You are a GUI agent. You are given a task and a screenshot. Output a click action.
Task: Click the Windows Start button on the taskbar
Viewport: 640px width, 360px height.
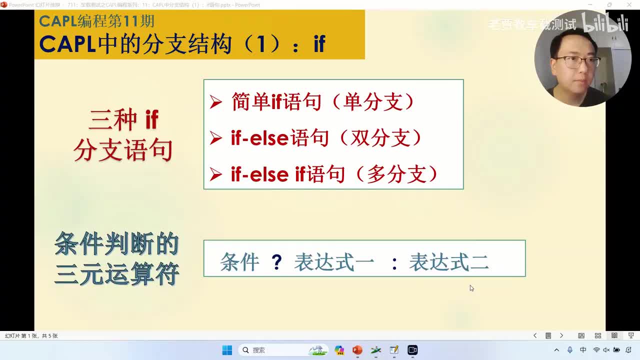click(227, 350)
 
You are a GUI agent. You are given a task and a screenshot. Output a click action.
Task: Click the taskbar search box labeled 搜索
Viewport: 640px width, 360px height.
click(270, 350)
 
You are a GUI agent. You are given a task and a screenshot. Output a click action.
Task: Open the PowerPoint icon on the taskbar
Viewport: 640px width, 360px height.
click(357, 350)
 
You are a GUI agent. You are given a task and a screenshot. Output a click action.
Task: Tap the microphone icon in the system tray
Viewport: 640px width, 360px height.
click(570, 350)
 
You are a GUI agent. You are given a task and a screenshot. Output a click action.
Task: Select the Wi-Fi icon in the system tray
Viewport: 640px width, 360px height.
click(596, 350)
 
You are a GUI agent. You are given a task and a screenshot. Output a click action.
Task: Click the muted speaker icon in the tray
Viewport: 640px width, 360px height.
click(606, 350)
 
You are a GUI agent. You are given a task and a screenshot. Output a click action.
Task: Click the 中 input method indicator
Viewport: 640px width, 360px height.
click(583, 350)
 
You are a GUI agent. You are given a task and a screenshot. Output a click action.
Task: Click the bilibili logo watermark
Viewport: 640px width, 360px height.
click(605, 24)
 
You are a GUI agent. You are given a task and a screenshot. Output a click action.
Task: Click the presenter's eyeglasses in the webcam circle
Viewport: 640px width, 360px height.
click(577, 62)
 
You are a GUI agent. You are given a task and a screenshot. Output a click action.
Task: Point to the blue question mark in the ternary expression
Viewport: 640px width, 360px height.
click(276, 262)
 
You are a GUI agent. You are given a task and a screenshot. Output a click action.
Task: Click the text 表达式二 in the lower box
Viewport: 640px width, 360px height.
click(448, 262)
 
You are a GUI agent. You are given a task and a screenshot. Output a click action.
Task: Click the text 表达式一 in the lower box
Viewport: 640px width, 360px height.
click(333, 262)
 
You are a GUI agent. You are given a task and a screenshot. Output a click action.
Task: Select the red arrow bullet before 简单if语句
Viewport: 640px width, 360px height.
click(215, 102)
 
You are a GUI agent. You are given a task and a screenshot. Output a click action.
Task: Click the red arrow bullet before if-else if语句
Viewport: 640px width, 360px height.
click(215, 174)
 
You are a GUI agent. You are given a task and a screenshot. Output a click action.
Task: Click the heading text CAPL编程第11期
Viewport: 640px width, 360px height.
click(96, 21)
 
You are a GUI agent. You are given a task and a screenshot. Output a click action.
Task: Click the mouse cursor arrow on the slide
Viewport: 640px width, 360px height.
click(471, 288)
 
